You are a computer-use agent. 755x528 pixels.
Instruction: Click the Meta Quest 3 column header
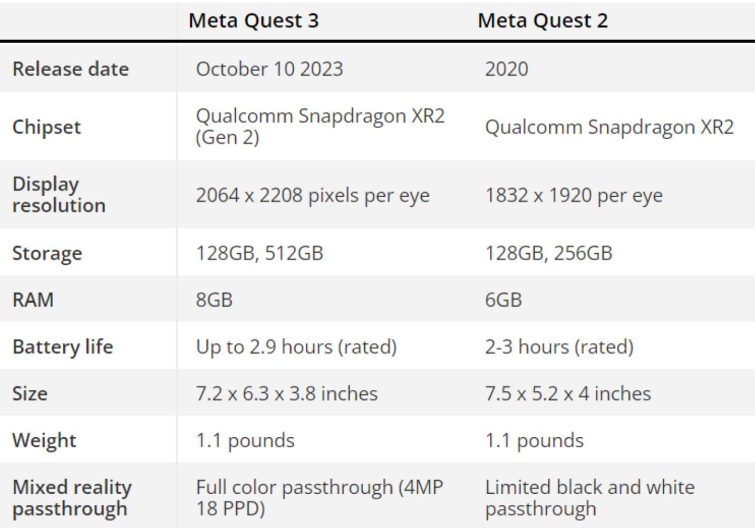254,21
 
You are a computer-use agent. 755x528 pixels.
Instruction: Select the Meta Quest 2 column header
543,21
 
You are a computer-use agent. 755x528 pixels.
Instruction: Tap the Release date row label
71,69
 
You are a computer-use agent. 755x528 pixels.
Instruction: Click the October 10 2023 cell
269,69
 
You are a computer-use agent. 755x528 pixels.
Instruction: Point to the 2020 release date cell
506,69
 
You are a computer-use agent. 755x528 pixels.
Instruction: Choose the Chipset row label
46,127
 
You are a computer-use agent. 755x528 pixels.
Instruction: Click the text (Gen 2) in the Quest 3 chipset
227,138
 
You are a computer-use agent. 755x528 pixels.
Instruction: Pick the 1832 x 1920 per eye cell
574,196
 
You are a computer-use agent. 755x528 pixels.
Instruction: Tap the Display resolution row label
59,195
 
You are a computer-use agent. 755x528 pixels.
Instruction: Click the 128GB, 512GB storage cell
259,253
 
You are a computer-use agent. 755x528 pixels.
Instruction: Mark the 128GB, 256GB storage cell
548,253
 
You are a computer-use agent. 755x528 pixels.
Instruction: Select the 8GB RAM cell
214,300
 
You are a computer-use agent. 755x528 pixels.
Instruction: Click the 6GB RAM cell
503,300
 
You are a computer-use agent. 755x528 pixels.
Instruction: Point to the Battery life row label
63,347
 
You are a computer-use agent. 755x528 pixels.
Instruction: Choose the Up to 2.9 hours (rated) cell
296,347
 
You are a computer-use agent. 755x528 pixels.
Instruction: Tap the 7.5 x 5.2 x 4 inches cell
568,393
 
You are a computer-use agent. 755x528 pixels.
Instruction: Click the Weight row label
44,440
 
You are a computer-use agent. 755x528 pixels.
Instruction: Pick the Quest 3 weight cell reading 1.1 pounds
245,440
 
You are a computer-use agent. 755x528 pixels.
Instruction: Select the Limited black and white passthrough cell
589,498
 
